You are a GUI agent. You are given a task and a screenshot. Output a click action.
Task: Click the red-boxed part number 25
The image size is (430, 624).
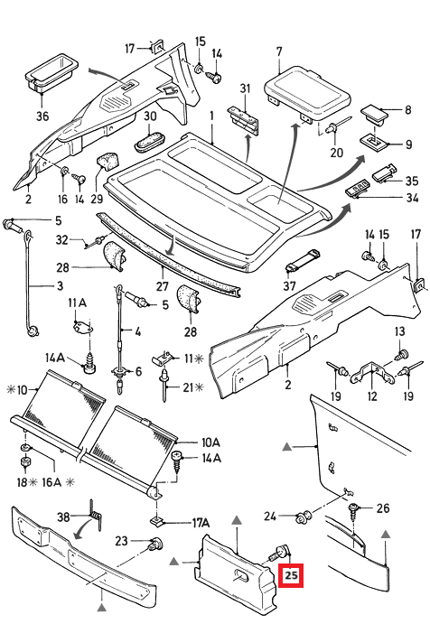[x=291, y=575]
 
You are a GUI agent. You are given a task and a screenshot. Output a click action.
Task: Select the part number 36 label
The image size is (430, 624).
[x=42, y=116]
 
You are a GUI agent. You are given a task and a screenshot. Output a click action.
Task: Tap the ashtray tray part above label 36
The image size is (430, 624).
[x=51, y=71]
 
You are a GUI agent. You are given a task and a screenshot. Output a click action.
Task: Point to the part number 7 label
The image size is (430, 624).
[x=279, y=52]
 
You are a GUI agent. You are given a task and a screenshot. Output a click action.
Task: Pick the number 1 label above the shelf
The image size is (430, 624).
[x=212, y=116]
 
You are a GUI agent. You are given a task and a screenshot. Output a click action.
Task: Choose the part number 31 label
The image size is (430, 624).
[x=245, y=88]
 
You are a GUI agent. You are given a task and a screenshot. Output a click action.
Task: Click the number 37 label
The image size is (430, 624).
[x=290, y=285]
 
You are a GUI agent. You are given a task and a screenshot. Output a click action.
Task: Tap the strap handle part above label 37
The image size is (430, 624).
[x=303, y=261]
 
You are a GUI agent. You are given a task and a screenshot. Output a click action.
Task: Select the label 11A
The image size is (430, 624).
[x=78, y=303]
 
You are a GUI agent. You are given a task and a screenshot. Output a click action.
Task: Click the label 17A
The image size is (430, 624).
[x=201, y=523]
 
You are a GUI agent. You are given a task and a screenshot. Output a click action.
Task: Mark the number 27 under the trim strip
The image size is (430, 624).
[x=163, y=286]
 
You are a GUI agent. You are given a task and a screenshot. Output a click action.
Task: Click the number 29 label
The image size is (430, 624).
[x=97, y=199]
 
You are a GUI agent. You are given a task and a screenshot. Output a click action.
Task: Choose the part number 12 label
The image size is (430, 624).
[x=372, y=396]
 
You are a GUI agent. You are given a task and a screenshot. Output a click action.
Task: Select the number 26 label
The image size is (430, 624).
[x=383, y=508]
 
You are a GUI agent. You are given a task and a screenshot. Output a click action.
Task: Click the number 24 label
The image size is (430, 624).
[x=270, y=517]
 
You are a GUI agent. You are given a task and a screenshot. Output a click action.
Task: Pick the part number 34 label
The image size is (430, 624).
[x=412, y=198]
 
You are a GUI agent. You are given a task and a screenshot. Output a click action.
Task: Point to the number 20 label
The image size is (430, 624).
[x=336, y=153]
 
